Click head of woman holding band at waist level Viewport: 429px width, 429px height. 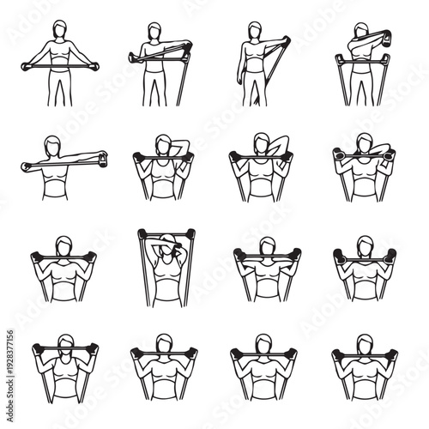(x=59, y=30)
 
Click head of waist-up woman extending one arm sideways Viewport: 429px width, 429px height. (x=54, y=145)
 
